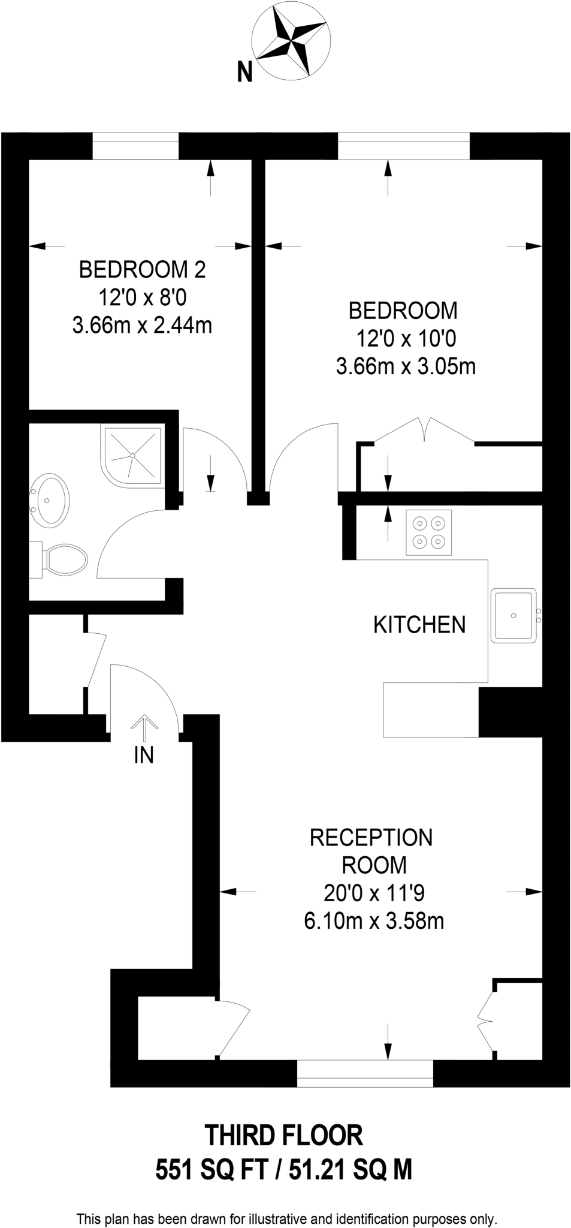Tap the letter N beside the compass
tap(244, 73)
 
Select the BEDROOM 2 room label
tap(142, 269)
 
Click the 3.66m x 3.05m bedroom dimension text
tap(406, 366)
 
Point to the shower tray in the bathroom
tap(132, 455)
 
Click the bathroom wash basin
tap(50, 500)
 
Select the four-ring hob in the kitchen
tap(428, 532)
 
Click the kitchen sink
tap(513, 615)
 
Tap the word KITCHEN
tap(419, 625)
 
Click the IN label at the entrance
tap(144, 756)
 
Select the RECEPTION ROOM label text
tap(371, 851)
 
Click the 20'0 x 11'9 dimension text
tap(374, 893)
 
